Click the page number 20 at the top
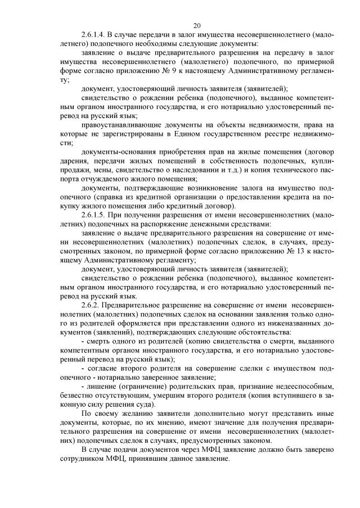(x=197, y=25)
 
